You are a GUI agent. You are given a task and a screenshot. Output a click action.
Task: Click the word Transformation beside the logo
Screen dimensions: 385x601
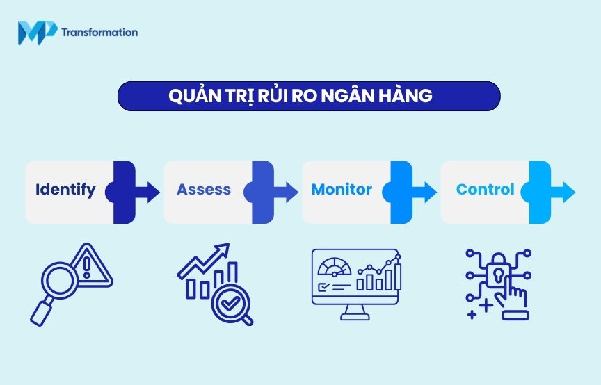tap(99, 32)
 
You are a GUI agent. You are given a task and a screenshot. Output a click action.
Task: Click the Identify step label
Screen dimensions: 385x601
tap(65, 190)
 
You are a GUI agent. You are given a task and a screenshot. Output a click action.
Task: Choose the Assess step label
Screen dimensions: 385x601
tap(204, 190)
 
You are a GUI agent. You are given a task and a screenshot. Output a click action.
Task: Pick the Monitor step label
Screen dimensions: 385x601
tap(342, 190)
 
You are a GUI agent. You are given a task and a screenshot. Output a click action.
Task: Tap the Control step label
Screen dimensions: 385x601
tap(485, 190)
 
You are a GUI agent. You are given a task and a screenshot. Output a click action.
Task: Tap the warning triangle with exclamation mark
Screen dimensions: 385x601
tap(90, 266)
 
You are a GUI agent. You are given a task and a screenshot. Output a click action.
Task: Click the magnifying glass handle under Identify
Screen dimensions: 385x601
tap(40, 313)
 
